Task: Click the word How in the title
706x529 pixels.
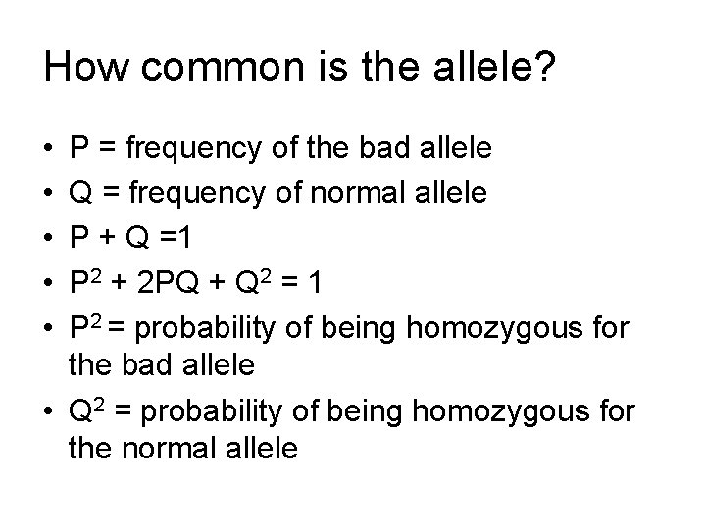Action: [x=87, y=69]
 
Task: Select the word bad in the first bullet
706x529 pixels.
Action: [x=385, y=150]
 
